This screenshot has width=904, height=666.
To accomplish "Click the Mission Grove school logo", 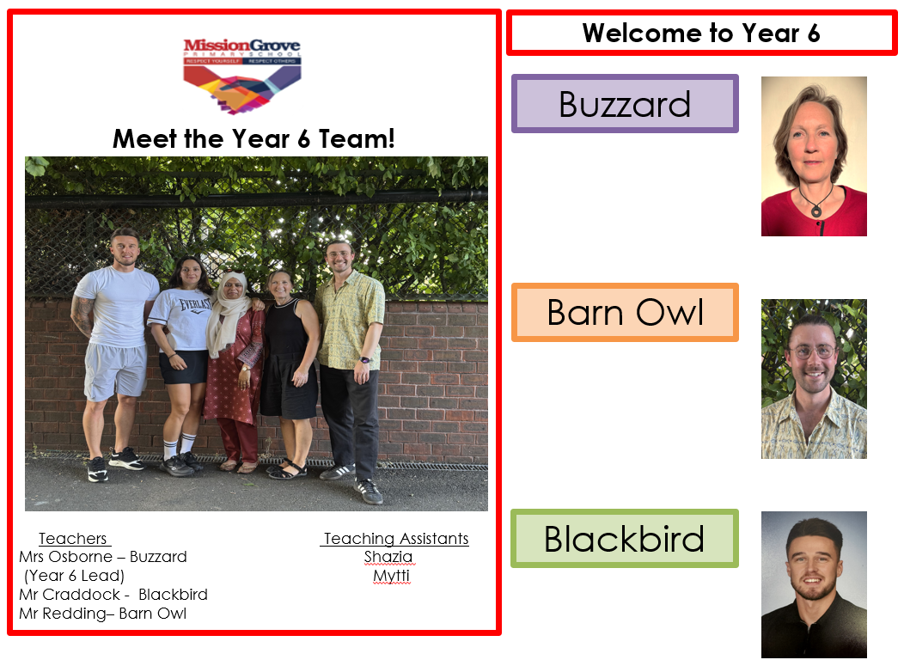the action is [242, 76].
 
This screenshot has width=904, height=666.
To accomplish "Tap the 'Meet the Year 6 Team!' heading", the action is [253, 139].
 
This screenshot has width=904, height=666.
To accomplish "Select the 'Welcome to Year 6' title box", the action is [702, 33].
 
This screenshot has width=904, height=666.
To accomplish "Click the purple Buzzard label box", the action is [625, 104].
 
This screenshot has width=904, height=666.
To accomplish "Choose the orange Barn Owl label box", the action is [625, 313].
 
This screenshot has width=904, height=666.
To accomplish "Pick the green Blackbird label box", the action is [625, 539].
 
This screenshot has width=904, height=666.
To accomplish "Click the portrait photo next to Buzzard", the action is [814, 156].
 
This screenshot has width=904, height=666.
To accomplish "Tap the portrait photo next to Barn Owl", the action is [814, 379].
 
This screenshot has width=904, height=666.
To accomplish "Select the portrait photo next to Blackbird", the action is [814, 584].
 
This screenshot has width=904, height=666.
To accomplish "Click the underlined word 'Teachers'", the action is [73, 539].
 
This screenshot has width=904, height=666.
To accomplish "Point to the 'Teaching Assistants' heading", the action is [396, 539].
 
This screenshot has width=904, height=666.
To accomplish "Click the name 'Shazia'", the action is [388, 557].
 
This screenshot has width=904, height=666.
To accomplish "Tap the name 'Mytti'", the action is [392, 576].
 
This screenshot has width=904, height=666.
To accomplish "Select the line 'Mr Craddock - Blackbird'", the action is [113, 595].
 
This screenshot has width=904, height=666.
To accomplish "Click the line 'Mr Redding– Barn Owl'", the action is [102, 614].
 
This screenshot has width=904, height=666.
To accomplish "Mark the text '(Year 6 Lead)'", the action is [75, 576].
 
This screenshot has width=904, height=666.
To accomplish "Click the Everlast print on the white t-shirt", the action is [194, 305].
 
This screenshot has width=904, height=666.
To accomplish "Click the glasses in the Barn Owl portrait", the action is [812, 351].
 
